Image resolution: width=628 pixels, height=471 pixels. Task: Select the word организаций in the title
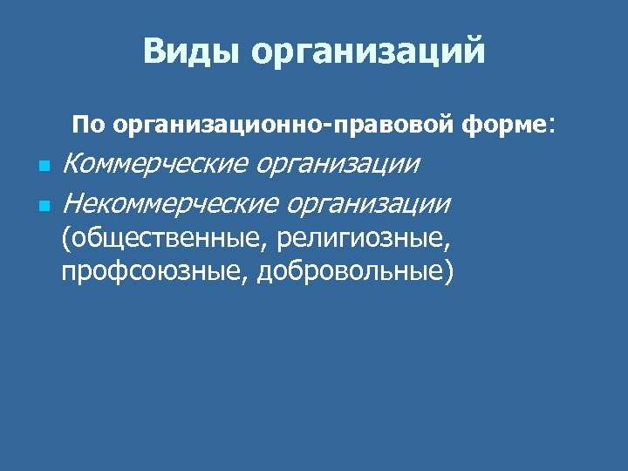pyautogui.click(x=368, y=52)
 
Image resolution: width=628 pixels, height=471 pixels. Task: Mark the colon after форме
pyautogui.click(x=549, y=126)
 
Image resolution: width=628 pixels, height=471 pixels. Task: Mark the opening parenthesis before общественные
pyautogui.click(x=65, y=238)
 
